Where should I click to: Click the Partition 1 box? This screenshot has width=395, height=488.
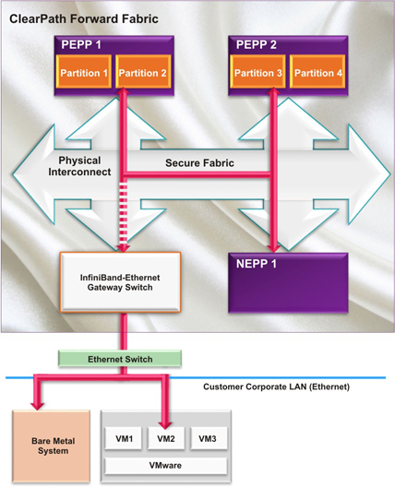pyautogui.click(x=84, y=72)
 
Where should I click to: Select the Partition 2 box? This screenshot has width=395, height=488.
pyautogui.click(x=143, y=72)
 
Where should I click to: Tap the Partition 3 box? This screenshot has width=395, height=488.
pyautogui.click(x=257, y=72)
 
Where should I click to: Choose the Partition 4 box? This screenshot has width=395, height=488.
pyautogui.click(x=317, y=72)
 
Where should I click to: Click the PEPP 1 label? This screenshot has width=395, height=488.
pyautogui.click(x=81, y=45)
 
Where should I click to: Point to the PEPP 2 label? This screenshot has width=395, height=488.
pyautogui.click(x=257, y=45)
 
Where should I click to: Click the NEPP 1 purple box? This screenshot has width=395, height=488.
pyautogui.click(x=288, y=282)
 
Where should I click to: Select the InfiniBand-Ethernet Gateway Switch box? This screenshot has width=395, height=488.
pyautogui.click(x=120, y=282)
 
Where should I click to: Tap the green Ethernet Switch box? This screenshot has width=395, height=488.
pyautogui.click(x=120, y=359)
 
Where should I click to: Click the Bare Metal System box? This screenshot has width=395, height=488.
pyautogui.click(x=52, y=446)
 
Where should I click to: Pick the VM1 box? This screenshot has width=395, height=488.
pyautogui.click(x=124, y=438)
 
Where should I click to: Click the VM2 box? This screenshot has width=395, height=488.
pyautogui.click(x=165, y=438)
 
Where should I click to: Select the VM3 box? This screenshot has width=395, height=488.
pyautogui.click(x=208, y=438)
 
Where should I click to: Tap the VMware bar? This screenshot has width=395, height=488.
pyautogui.click(x=165, y=466)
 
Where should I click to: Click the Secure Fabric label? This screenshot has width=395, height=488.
pyautogui.click(x=199, y=162)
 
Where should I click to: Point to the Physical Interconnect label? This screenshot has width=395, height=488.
pyautogui.click(x=79, y=166)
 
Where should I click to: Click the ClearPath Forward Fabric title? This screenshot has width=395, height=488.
pyautogui.click(x=84, y=19)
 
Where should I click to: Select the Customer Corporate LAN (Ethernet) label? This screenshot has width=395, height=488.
pyautogui.click(x=276, y=387)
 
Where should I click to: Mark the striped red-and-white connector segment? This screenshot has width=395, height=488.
pyautogui.click(x=124, y=213)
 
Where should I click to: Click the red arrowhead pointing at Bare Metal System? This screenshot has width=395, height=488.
pyautogui.click(x=38, y=405)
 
